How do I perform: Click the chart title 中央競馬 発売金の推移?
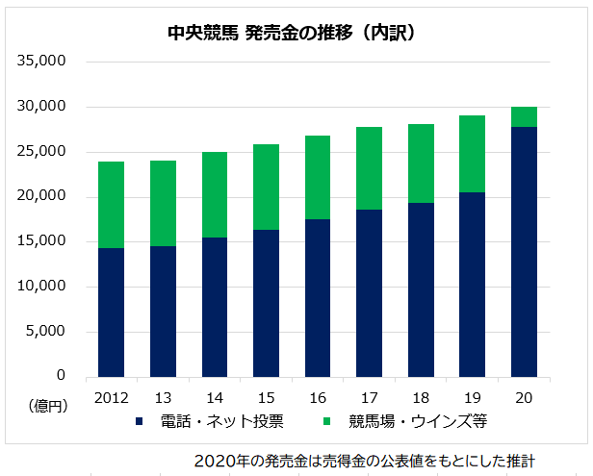(290, 33)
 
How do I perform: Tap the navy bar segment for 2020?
(524, 251)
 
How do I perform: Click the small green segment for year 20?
(524, 116)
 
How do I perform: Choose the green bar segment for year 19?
(472, 154)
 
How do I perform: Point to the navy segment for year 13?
(163, 311)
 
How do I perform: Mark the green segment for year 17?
(369, 168)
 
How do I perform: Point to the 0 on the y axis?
(60, 375)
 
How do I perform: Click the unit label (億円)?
(46, 407)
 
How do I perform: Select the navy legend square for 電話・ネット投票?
(141, 420)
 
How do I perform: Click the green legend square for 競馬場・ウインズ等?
(328, 420)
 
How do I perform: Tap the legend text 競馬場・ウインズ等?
(404, 420)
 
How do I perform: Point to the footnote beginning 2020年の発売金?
(365, 460)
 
